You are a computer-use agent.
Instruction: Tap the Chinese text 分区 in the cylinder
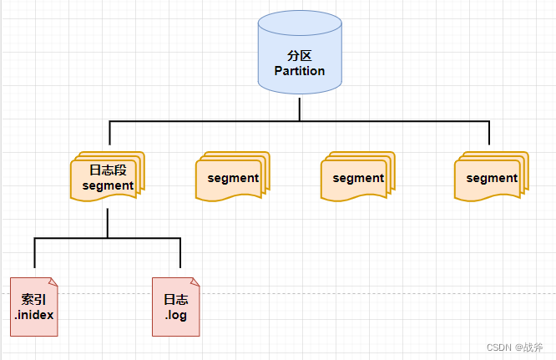coord(300,56)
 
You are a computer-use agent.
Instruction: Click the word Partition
coord(300,71)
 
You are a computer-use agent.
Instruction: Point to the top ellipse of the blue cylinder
coord(300,22)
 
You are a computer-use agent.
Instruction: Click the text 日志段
coord(108,170)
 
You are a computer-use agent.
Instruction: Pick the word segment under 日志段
coord(108,185)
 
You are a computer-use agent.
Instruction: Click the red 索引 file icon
coord(34,307)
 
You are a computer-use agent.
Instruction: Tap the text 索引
coord(34,299)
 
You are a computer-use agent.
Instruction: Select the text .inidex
coord(34,315)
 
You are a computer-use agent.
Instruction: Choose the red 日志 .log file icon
coord(176,307)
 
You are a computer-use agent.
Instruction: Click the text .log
coord(176,315)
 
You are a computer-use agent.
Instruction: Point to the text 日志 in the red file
coord(176,299)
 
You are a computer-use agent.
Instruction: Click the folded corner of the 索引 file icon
coord(53,282)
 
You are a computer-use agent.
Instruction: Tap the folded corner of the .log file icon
coord(195,282)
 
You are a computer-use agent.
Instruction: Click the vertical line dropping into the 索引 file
coord(34,257)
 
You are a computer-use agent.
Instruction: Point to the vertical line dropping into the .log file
coord(180,257)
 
